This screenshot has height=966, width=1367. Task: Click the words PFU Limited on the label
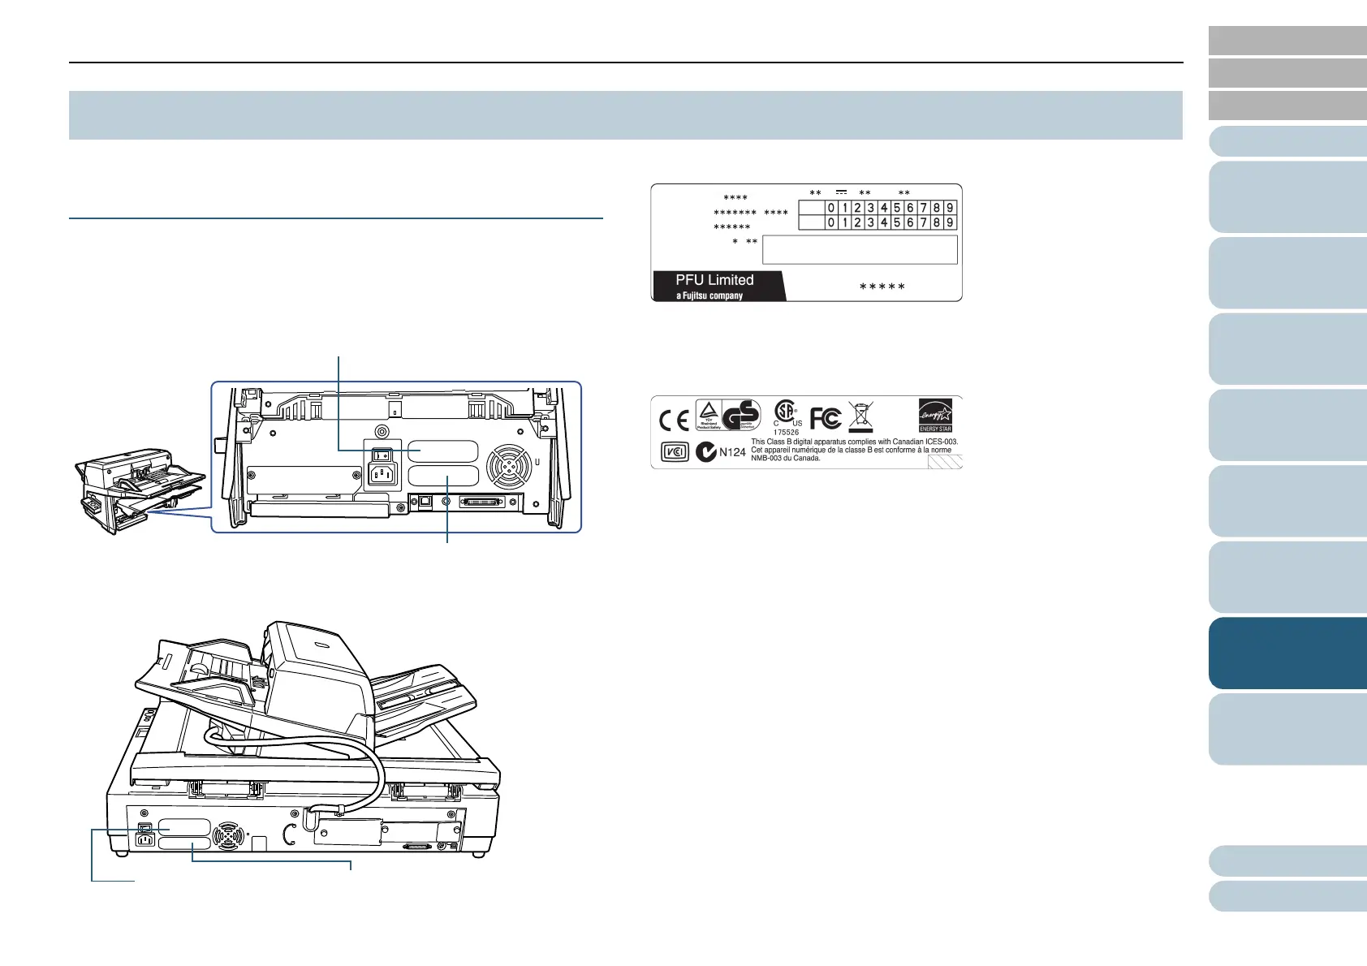point(714,280)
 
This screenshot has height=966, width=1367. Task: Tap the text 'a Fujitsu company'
point(709,295)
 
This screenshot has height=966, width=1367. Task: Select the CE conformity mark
point(674,420)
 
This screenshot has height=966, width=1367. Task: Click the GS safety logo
point(740,415)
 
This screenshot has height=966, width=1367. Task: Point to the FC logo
point(826,418)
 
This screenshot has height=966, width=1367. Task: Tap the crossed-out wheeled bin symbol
point(860,417)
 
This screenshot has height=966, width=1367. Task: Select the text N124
point(732,452)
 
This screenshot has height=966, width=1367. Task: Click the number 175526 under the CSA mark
point(786,433)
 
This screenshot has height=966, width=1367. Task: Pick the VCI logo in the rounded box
point(675,452)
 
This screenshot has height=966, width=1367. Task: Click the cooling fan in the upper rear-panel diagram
point(508,468)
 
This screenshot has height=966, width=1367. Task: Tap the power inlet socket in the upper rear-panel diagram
point(383,473)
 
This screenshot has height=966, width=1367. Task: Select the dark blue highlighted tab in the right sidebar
point(1287,653)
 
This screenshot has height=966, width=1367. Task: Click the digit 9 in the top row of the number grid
point(950,208)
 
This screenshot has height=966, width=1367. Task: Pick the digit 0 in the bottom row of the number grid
point(830,222)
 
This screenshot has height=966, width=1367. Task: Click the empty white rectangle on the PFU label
point(860,250)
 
